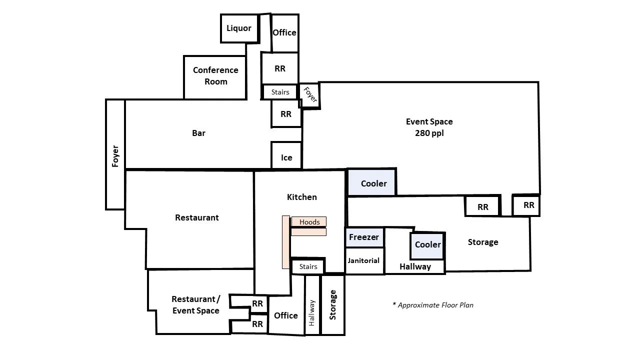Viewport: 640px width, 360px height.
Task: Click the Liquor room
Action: point(239,28)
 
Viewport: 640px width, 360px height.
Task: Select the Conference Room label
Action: point(215,76)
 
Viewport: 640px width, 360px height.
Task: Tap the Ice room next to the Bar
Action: point(286,157)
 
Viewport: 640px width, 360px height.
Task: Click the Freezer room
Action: point(364,237)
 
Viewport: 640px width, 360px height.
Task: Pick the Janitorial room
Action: point(364,260)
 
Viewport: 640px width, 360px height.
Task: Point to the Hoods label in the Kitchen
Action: point(309,222)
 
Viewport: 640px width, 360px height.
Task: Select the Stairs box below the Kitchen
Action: point(308,266)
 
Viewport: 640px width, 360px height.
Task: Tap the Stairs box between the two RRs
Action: point(280,92)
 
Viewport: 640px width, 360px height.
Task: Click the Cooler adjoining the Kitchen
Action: point(373,183)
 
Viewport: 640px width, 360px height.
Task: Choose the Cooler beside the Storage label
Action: point(428,245)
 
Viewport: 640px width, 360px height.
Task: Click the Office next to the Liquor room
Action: point(284,33)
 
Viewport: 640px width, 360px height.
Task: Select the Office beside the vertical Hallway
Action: point(286,315)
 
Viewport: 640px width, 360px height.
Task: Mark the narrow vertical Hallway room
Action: point(312,312)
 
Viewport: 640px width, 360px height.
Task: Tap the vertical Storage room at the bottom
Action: point(333,305)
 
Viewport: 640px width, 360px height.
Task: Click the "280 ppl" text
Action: point(429,133)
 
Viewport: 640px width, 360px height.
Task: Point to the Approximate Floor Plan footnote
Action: point(433,305)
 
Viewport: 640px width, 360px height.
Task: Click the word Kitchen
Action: point(301,197)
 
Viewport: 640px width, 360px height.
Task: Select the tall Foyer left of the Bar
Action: point(115,155)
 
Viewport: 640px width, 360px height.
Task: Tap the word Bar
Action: point(198,133)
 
